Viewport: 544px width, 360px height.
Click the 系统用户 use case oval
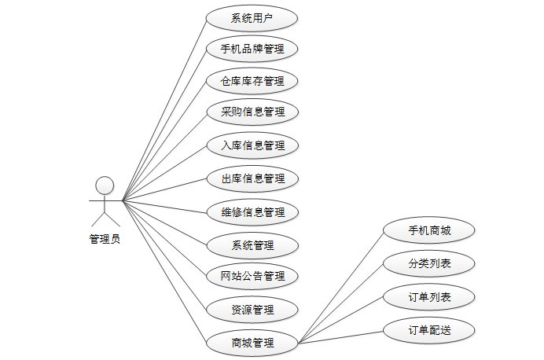(252, 18)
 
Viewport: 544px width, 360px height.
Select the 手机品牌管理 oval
(252, 50)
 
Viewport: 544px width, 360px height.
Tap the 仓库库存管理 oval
(252, 81)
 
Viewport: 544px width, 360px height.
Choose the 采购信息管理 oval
(252, 112)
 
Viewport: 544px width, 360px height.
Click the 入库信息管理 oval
(252, 145)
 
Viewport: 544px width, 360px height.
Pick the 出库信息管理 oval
(252, 178)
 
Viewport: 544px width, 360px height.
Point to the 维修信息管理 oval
(252, 211)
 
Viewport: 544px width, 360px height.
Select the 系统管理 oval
(252, 245)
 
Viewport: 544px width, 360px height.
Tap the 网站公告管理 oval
(252, 277)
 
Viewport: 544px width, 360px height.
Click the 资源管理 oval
(252, 310)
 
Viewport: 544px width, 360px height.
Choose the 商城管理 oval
(252, 343)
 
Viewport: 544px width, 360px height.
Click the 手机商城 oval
(429, 231)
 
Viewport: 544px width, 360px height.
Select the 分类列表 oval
(429, 263)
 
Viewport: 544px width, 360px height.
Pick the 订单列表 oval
(429, 297)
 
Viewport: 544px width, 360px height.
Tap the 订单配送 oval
(429, 330)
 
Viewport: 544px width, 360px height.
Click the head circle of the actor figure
(105, 186)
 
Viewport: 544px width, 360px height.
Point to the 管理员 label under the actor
(105, 239)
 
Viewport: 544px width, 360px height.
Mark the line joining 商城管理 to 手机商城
(341, 286)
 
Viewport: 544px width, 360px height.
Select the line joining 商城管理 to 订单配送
(341, 336)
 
